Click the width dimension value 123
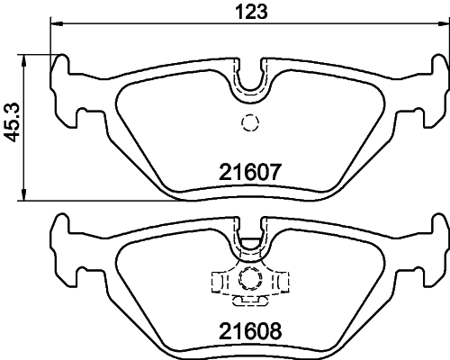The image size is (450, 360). (249, 12)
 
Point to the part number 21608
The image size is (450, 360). (251, 330)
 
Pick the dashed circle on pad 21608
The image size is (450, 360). (250, 279)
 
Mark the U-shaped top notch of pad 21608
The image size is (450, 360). (250, 237)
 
